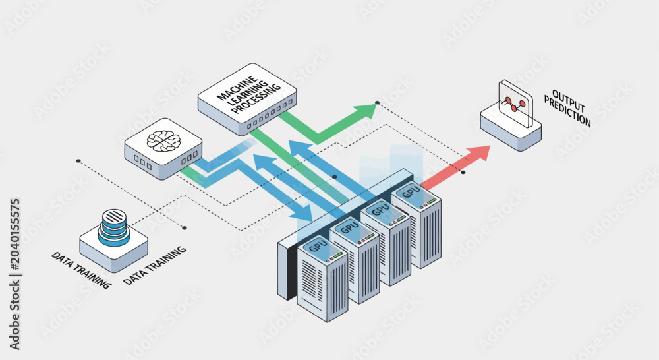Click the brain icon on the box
pos(163,141)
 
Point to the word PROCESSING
pos(256,100)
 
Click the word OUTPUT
pos(568,100)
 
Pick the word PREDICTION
pos(567,111)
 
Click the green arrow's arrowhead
pos(366,111)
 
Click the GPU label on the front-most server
pos(318,245)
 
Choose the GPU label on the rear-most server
pos(411,191)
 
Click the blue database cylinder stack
pos(114,227)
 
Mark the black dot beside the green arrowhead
pos(378,103)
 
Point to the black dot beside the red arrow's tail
pos(463,172)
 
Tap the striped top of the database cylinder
pos(114,216)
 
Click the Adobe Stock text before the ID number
pos(14,313)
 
